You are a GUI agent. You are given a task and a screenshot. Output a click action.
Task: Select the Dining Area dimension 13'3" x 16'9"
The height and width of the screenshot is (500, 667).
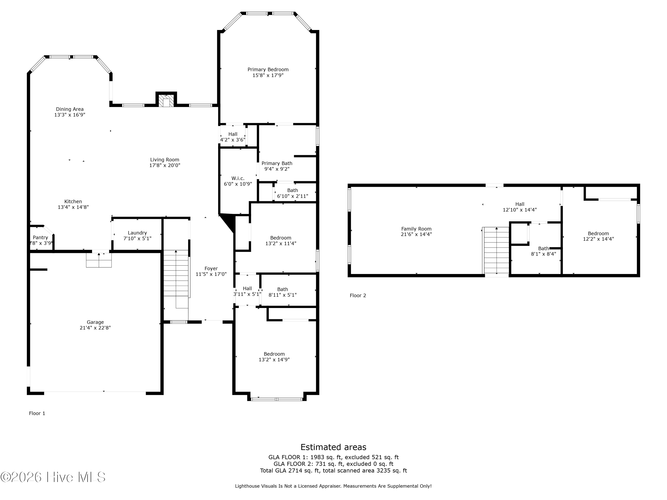[x=70, y=115]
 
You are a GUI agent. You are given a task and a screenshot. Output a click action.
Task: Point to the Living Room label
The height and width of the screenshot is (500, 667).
[x=165, y=160]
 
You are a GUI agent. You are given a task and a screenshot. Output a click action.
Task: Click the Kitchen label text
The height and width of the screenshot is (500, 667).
[x=73, y=202]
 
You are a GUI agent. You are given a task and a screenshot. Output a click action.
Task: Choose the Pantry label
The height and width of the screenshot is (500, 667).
[x=40, y=238]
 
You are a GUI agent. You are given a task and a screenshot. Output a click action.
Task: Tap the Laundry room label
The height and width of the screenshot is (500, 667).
[x=137, y=233]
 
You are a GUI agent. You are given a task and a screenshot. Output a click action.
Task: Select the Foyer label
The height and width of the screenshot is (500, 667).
[x=211, y=268]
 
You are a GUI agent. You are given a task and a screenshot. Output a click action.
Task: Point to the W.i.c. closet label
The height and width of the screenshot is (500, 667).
[x=238, y=178]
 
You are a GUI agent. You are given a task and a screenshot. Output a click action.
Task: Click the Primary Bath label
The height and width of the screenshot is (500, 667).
[x=277, y=163]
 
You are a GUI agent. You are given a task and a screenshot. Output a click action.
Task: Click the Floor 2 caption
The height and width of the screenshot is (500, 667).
[x=358, y=296]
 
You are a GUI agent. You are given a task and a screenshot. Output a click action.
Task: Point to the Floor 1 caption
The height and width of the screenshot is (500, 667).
[x=37, y=414]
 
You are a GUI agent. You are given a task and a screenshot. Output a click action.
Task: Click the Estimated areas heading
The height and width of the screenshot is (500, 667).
[x=333, y=447]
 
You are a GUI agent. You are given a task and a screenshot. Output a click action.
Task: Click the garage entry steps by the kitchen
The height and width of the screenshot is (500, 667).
[x=99, y=260]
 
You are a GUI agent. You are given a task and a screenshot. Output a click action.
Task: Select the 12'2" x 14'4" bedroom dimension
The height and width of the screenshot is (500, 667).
[x=598, y=239]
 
